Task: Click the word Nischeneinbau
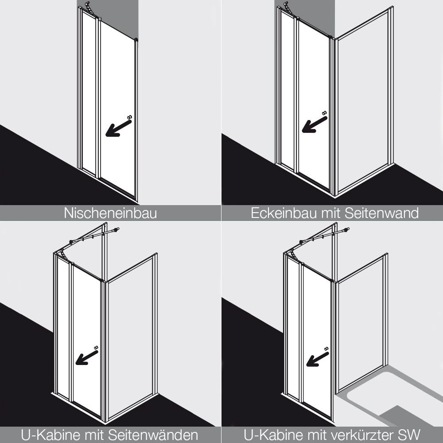click(x=110, y=213)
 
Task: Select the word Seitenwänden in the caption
click(x=153, y=435)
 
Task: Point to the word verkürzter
click(x=360, y=435)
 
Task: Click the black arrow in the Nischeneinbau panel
click(x=118, y=128)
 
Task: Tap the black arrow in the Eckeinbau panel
click(x=315, y=124)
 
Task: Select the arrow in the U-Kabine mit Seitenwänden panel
click(x=87, y=358)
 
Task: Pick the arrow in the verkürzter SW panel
click(x=318, y=359)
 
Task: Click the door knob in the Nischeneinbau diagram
click(x=130, y=117)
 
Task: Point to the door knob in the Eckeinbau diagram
click(x=325, y=113)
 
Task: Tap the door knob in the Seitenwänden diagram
click(x=96, y=347)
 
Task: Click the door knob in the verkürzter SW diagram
click(x=326, y=349)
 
